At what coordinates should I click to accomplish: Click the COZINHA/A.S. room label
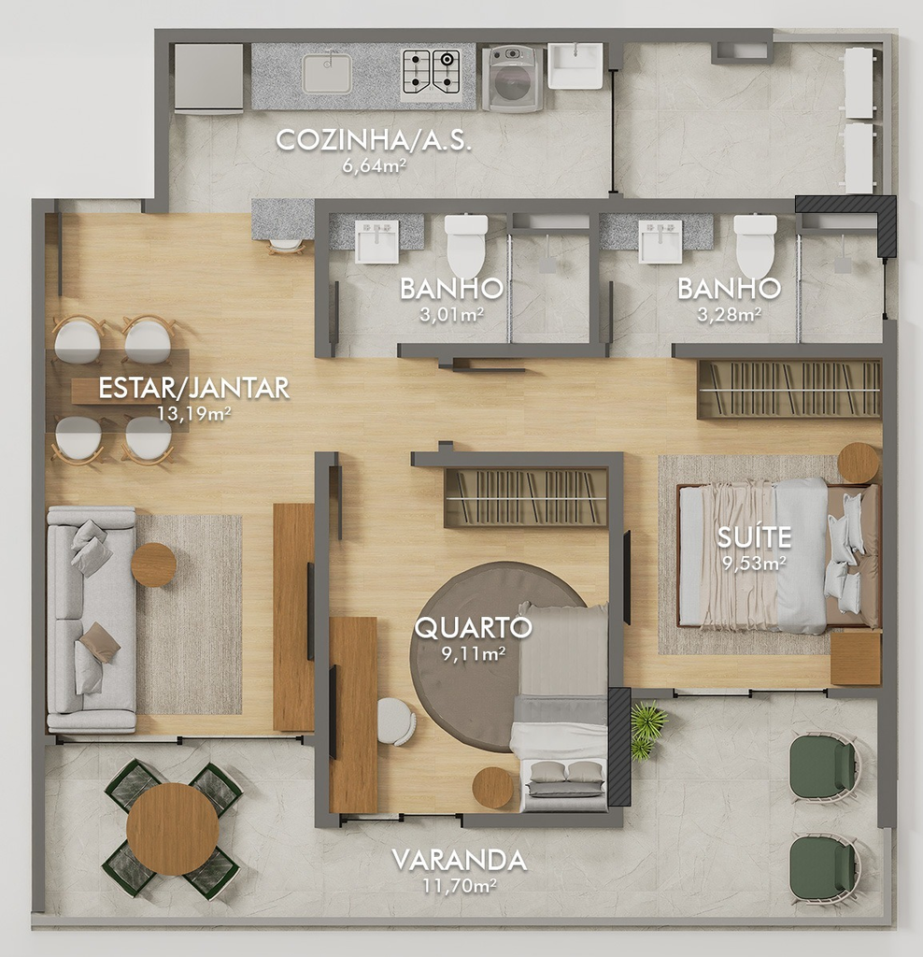click(x=374, y=140)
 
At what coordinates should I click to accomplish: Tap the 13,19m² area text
click(x=194, y=414)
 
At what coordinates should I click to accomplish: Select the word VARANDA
click(x=459, y=860)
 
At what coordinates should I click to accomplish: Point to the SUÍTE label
click(x=754, y=537)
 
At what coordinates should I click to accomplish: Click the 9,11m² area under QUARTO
click(x=474, y=653)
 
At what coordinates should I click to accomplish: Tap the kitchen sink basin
click(x=328, y=74)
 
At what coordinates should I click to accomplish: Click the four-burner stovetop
click(x=431, y=72)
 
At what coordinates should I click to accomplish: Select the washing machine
click(x=513, y=78)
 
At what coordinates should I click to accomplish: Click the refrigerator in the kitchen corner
click(x=209, y=78)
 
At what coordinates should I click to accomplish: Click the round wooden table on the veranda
click(x=173, y=828)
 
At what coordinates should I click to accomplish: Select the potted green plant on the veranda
click(x=647, y=728)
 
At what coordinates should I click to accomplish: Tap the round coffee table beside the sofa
click(x=154, y=564)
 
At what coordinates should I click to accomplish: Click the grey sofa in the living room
click(x=92, y=619)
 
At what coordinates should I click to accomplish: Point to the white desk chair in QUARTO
click(x=396, y=721)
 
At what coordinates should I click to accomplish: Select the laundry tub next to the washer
click(x=575, y=65)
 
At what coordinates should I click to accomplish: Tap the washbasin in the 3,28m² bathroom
click(x=660, y=241)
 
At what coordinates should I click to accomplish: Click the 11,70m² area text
click(x=459, y=886)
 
